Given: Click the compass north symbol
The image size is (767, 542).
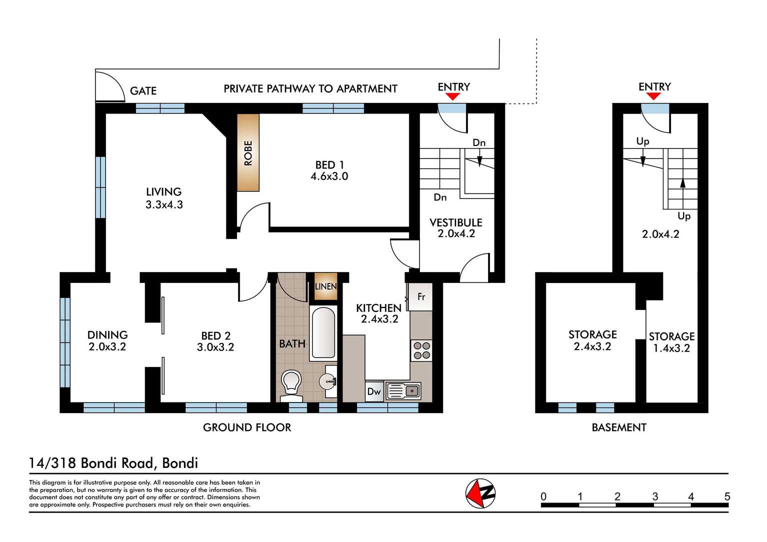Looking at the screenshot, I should click(480, 493).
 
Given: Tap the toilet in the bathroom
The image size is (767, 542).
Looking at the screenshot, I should click(291, 384).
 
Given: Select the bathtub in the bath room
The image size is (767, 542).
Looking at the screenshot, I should click(323, 333).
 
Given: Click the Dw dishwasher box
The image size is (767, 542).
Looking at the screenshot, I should click(374, 391).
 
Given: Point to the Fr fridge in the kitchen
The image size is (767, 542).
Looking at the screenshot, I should click(421, 297).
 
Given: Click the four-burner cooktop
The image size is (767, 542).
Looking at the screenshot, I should click(421, 350).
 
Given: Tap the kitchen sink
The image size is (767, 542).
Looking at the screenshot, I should click(403, 390).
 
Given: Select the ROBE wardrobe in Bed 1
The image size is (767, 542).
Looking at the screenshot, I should click(248, 153).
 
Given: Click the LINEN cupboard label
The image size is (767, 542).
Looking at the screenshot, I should click(325, 286).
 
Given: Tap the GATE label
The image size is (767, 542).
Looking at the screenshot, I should click(143, 91).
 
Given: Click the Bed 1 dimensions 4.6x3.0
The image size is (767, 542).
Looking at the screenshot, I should click(329, 176).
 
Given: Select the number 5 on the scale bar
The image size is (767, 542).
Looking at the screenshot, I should click(727, 496).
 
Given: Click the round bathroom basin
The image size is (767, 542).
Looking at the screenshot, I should click(328, 382).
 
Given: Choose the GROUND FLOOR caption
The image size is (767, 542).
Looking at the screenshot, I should click(247, 427).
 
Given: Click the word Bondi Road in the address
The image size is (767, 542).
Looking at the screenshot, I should click(117, 463).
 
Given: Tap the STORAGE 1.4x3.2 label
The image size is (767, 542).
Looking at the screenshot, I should click(671, 342).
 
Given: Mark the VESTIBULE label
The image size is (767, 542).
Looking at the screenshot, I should click(455, 222).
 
